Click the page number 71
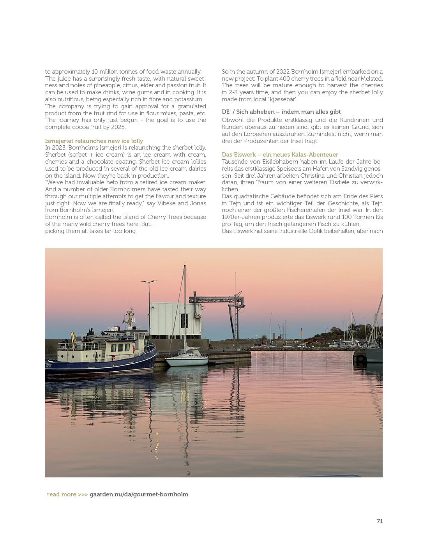[x=380, y=521]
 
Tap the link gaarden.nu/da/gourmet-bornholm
[x=139, y=494]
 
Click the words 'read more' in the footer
[x=62, y=494]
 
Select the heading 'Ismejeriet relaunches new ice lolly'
[x=94, y=141]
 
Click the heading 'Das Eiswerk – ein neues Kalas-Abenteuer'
[x=280, y=155]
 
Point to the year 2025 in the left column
[x=118, y=127]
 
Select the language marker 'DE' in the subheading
[x=226, y=112]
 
